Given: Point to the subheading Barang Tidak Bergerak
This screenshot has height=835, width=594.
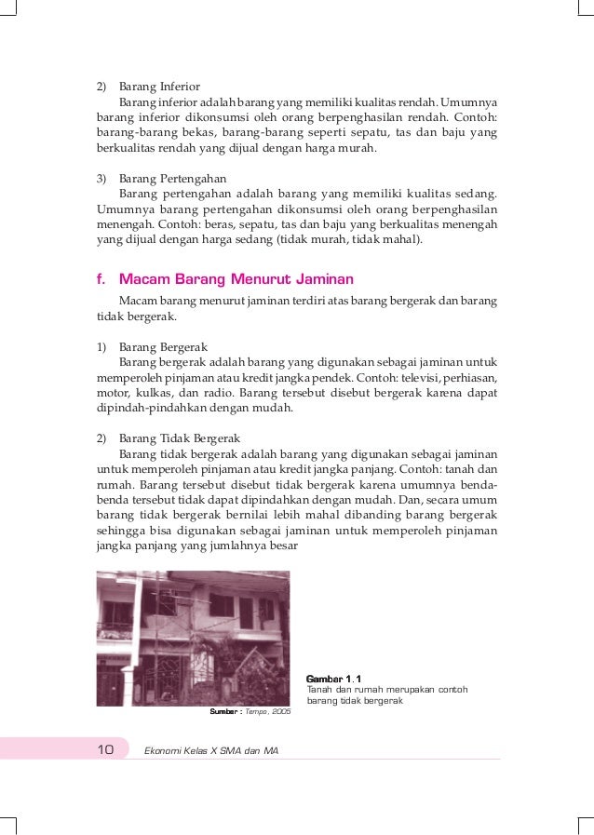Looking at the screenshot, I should [x=180, y=437].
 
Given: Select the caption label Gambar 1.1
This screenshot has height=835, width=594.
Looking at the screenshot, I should [x=334, y=679].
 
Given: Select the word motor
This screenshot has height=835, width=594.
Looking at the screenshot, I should [x=114, y=393].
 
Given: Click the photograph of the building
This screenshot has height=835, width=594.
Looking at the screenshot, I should [x=193, y=638].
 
